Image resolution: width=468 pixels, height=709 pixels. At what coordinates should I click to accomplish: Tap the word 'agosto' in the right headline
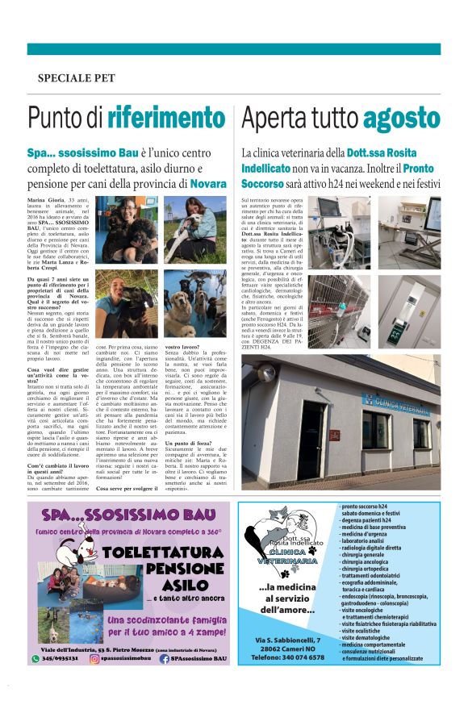point(400,118)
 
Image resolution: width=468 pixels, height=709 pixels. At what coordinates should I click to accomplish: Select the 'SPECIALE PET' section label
point(76,78)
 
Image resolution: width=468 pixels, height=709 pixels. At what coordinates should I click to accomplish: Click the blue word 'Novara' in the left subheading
point(208,184)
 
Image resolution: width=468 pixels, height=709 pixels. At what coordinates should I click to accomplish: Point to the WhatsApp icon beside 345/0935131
point(35,659)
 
